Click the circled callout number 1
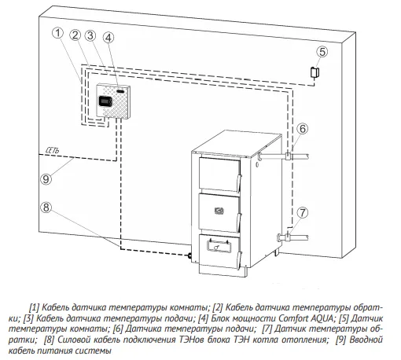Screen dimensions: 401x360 click(58, 33)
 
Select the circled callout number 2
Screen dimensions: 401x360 click(75, 35)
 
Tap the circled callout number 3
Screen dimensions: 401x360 click(90, 35)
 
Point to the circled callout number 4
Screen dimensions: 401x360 click(109, 38)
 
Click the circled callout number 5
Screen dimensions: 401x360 click(322, 52)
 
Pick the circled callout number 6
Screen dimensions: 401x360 click(303, 129)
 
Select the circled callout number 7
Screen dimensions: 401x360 click(303, 212)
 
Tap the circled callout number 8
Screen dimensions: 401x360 click(46, 208)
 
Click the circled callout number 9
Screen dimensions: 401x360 click(46, 179)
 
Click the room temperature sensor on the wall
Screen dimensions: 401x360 click(315, 72)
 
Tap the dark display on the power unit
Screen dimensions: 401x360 click(105, 101)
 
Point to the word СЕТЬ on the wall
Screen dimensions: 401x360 click(53, 150)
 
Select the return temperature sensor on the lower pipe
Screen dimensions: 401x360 click(288, 237)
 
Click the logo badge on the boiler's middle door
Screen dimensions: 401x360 click(219, 211)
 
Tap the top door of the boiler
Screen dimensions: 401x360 click(219, 174)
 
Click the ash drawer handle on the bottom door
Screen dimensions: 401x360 click(219, 246)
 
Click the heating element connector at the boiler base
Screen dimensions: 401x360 click(189, 255)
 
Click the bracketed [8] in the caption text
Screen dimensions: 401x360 click(49, 340)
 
